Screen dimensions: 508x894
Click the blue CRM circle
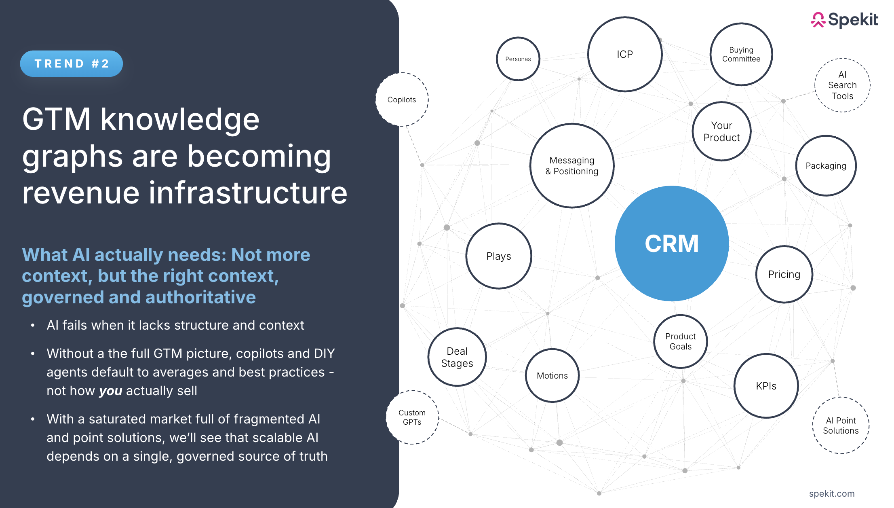(x=671, y=243)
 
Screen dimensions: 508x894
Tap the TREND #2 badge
(x=72, y=63)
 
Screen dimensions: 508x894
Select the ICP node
(x=624, y=54)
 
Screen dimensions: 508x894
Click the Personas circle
(x=518, y=59)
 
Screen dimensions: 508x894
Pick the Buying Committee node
(x=741, y=54)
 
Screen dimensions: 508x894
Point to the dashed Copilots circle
(x=402, y=99)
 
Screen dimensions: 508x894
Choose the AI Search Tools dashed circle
(x=842, y=85)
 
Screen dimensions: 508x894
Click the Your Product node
(x=721, y=131)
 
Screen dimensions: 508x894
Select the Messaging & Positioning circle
(x=572, y=166)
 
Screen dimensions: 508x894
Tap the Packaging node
(x=826, y=166)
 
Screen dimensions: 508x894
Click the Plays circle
(x=498, y=256)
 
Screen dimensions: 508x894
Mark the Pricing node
(x=784, y=274)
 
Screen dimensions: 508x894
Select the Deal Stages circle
(x=457, y=357)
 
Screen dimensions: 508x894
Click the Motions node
(x=552, y=375)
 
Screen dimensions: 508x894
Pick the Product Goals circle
(x=681, y=341)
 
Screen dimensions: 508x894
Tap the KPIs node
(x=766, y=386)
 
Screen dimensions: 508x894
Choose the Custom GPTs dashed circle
(x=412, y=417)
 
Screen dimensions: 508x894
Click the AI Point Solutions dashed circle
(x=841, y=425)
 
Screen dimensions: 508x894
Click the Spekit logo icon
(x=818, y=20)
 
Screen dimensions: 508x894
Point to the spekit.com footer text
(x=831, y=493)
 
